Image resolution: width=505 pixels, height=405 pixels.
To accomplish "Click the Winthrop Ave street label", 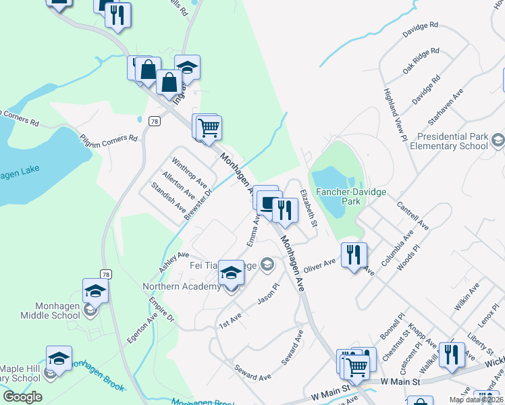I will [x=189, y=173].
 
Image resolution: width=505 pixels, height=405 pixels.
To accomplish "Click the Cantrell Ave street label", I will [x=412, y=215].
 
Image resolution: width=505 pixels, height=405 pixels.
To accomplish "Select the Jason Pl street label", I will [x=267, y=295].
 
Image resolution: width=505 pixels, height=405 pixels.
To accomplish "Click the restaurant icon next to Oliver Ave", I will [x=354, y=255].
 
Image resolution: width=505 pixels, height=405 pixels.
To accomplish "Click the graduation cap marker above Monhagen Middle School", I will [x=95, y=291].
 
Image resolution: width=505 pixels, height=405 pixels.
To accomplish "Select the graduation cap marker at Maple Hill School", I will [x=59, y=358].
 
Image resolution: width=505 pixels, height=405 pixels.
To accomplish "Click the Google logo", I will [x=22, y=397].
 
